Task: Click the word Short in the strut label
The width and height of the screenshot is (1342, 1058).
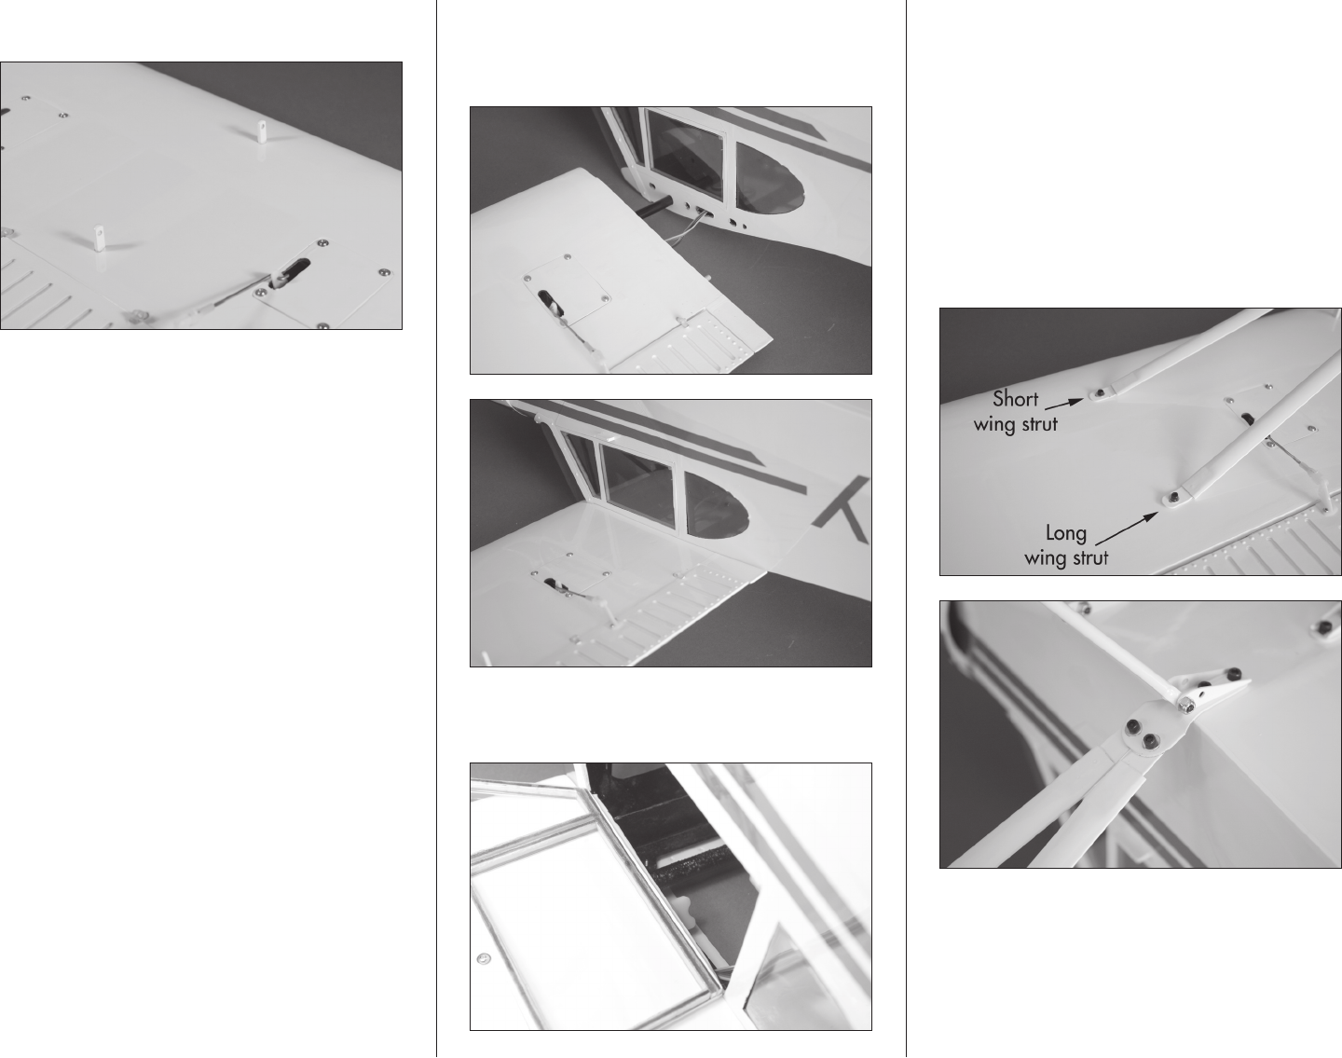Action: click(1015, 399)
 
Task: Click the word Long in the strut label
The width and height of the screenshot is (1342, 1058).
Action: click(1066, 533)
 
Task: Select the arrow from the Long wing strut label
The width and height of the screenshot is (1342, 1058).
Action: click(1127, 528)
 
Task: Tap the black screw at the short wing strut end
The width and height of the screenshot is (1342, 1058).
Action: click(1100, 393)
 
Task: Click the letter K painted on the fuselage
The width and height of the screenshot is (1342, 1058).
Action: click(843, 508)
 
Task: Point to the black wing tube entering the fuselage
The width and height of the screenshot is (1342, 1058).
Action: click(654, 206)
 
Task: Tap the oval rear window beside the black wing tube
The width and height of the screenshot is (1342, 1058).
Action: click(770, 179)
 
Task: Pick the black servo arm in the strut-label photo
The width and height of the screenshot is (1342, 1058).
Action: click(1249, 419)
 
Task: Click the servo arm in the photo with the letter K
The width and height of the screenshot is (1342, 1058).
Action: click(555, 584)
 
